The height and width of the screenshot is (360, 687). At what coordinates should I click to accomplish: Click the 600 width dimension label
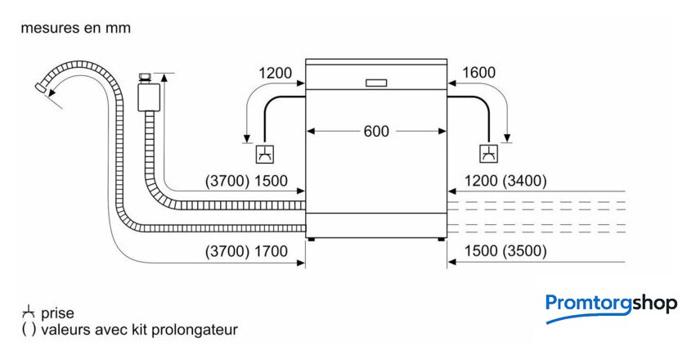coord(376,130)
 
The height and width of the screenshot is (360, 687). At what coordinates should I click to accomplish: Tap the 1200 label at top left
coord(275,73)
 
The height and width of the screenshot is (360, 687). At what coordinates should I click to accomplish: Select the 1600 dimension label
coord(478,73)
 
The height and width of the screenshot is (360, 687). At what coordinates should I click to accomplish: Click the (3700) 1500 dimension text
coord(247,181)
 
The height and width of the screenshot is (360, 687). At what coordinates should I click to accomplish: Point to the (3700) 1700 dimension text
coord(247,251)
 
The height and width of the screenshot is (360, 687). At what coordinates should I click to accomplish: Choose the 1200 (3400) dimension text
coord(505,181)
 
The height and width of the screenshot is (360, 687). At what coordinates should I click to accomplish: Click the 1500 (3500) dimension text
coord(505,251)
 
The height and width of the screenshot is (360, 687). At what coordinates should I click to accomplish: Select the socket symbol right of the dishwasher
coord(488,154)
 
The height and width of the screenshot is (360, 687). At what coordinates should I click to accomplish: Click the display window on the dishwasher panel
coord(376,83)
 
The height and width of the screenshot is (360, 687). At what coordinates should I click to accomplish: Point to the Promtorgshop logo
coord(611,306)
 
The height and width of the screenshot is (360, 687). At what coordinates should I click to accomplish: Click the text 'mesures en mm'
coord(75,28)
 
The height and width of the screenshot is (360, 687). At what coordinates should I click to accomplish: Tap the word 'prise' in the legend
coord(57,313)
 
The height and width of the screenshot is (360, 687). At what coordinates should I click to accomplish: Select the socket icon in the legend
coord(29,312)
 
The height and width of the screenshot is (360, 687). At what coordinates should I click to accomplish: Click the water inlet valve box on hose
coord(148,94)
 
